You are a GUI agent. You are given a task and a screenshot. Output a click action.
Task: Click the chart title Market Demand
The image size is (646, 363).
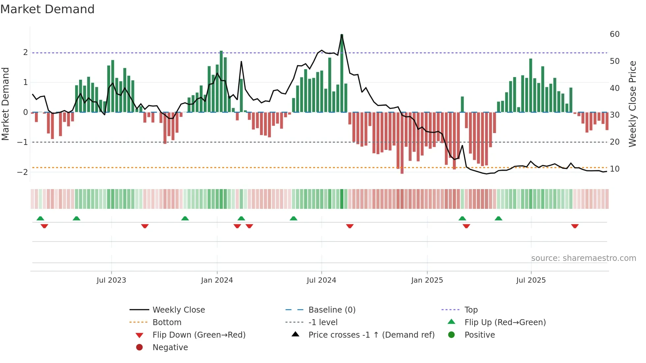(47, 9)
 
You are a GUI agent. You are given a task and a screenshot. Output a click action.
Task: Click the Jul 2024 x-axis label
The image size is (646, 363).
(321, 280)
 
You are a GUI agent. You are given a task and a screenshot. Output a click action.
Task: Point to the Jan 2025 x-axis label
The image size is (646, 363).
(427, 280)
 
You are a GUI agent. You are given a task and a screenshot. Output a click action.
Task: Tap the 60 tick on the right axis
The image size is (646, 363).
(614, 34)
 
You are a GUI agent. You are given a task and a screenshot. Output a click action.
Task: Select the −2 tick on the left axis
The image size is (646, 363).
(22, 172)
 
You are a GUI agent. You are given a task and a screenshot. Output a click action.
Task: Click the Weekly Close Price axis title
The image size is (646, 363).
(632, 104)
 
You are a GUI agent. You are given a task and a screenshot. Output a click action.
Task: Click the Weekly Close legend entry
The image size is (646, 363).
(178, 310)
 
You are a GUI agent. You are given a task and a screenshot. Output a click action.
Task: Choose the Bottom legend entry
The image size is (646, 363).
(167, 322)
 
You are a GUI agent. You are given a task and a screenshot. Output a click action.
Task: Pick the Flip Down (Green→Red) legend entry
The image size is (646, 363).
(199, 335)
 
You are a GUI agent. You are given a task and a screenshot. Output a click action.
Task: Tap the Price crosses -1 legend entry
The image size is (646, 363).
(371, 335)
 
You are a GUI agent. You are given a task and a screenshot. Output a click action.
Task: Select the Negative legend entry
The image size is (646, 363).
(170, 348)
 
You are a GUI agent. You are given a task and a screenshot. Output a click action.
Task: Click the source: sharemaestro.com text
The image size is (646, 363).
(583, 258)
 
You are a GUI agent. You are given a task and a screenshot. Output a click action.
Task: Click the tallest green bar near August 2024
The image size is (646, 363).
(342, 72)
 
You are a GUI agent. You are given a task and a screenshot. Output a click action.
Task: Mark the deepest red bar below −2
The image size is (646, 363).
(402, 145)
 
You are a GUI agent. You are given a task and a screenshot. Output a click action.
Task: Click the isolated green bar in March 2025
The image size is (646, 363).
(462, 104)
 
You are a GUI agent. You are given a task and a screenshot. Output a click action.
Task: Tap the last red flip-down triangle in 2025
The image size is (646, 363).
(575, 226)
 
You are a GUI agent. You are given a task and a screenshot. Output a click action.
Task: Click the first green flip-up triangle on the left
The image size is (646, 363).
(40, 218)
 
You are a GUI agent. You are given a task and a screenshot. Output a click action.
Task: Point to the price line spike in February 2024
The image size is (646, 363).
(241, 62)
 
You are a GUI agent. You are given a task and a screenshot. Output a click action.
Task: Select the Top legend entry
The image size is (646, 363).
(471, 310)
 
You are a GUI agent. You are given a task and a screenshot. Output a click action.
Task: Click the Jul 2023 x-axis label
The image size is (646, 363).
(111, 280)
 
